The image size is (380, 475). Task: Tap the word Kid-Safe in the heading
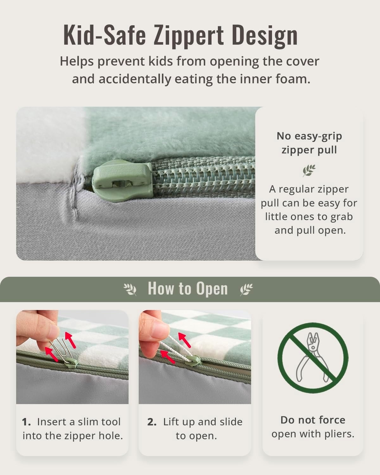pos(104,35)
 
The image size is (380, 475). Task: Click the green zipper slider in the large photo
pos(122,180)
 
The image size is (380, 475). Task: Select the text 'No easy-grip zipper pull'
pos(309,143)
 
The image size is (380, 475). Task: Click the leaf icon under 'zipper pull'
pos(309,170)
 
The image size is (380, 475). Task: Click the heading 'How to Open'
pos(188,288)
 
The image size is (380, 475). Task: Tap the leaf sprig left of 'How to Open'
pos(130,289)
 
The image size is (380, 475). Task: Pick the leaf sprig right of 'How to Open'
pos(246,289)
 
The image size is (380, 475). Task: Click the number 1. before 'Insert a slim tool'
pos(26,422)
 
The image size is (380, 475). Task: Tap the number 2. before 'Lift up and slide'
pos(152,422)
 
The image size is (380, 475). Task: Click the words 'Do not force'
pos(313,420)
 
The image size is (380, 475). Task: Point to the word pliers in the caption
pos(339,434)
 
